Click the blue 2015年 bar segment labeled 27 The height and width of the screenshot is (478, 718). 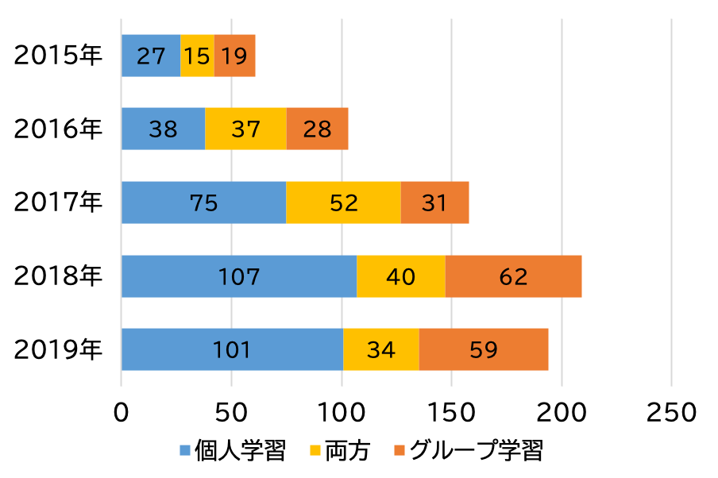point(151,56)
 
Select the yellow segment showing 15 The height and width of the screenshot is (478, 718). point(197,56)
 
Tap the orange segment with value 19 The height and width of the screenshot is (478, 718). point(234,56)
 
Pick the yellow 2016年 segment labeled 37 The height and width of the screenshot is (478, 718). point(245,129)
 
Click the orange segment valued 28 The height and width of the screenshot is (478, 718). point(317,129)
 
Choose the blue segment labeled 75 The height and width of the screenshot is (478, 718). point(203,202)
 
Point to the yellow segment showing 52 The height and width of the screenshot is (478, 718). point(343,202)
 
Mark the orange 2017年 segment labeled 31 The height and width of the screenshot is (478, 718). point(434,202)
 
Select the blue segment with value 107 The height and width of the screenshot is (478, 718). point(239,276)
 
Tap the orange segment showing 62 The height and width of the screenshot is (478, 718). point(513,276)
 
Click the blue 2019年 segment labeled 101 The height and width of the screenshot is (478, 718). point(232,349)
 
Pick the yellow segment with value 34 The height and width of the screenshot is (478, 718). point(381,349)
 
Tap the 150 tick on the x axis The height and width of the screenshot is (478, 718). point(451,413)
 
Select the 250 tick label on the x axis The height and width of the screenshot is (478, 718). point(672,413)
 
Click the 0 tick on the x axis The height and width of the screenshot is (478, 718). point(122,413)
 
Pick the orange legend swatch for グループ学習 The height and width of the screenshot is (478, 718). point(400,452)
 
